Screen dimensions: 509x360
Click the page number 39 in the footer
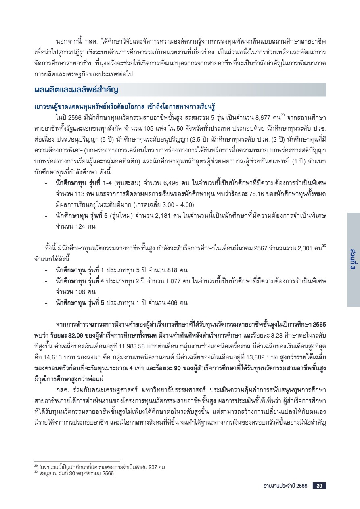319,486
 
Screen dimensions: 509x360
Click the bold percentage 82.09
65,335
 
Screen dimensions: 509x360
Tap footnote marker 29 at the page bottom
36,467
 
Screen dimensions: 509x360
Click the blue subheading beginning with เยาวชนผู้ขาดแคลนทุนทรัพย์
123,107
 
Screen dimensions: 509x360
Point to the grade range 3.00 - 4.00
178,205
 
